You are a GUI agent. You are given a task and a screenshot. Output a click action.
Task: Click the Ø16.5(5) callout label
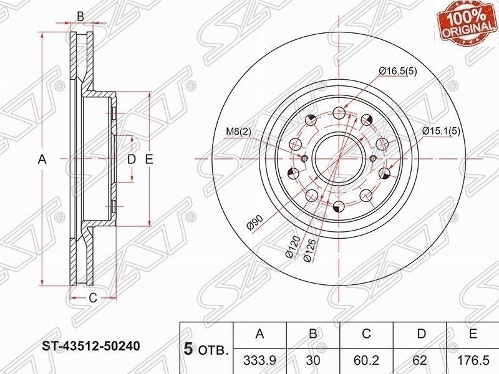point(397,71)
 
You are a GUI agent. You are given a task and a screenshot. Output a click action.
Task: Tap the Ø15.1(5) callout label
point(441,131)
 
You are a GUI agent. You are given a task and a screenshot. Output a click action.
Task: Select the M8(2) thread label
point(239,131)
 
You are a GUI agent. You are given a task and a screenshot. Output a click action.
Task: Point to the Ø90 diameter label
point(255,222)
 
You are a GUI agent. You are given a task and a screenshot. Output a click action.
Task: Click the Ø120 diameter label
point(293,247)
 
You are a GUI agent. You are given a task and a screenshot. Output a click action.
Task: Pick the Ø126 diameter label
point(309,251)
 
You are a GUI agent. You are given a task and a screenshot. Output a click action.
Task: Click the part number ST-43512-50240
point(91,346)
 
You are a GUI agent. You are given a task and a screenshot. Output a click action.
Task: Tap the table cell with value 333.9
point(259,360)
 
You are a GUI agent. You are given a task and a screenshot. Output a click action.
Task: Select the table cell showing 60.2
point(366,360)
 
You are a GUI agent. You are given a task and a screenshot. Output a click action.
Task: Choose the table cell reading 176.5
point(473,360)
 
